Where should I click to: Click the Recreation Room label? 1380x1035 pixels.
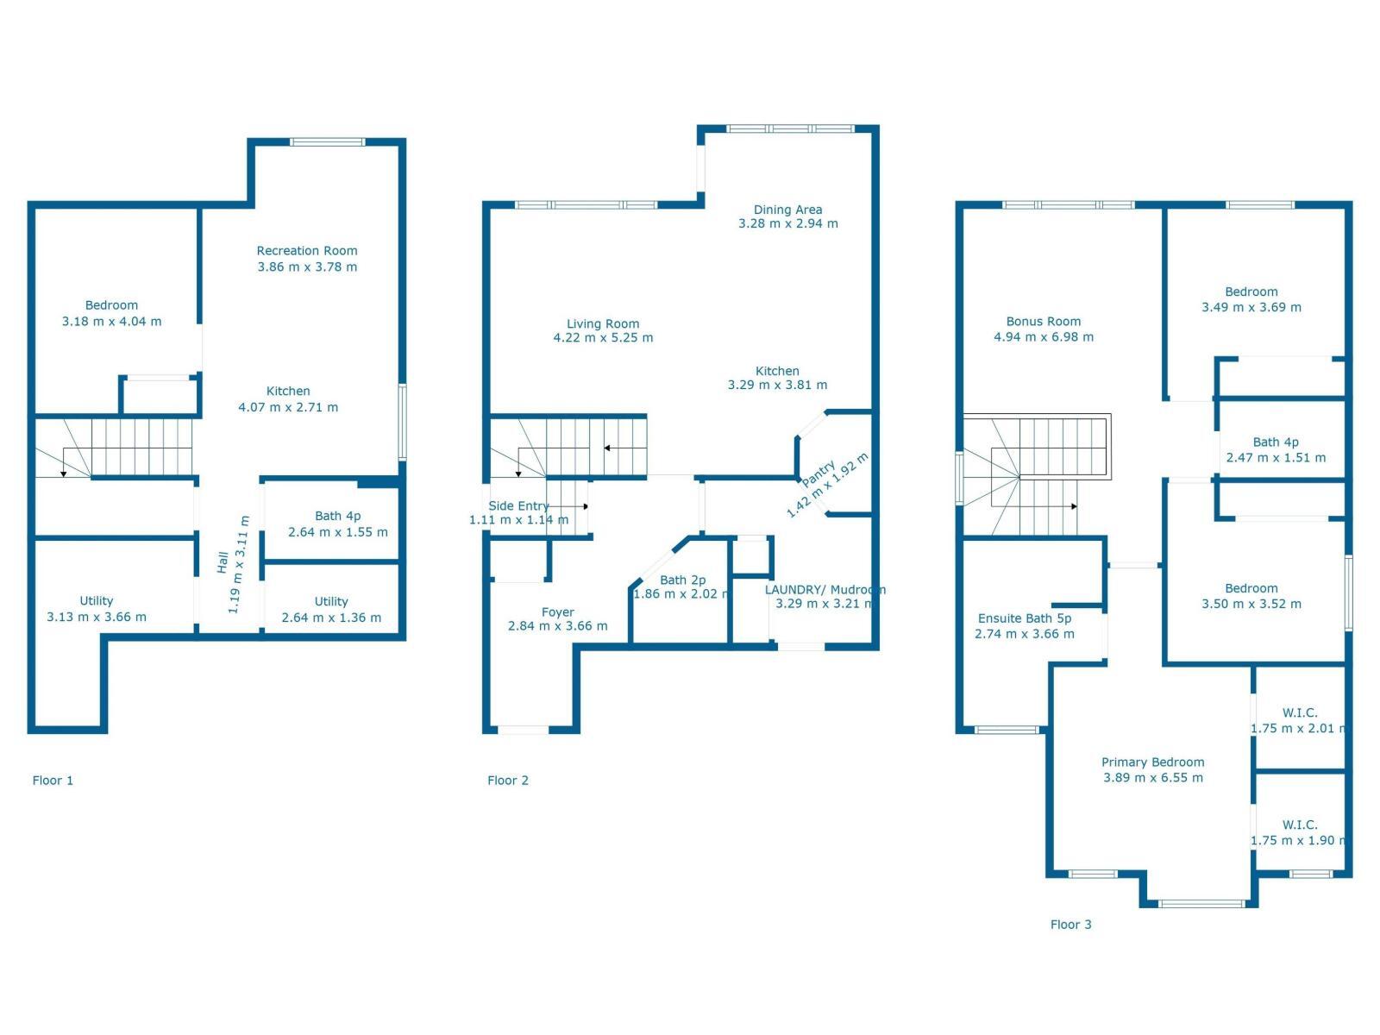tap(307, 251)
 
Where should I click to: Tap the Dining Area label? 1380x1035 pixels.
tap(787, 210)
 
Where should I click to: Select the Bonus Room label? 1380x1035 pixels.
tap(1044, 321)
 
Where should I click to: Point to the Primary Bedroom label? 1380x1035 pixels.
tap(1153, 762)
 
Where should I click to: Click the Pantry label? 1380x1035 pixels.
tap(819, 474)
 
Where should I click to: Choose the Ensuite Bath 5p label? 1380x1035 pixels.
tap(1025, 618)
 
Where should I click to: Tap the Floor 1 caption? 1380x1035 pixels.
tap(53, 781)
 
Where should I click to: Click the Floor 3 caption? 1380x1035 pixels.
tap(1071, 925)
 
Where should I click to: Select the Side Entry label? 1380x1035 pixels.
tap(518, 506)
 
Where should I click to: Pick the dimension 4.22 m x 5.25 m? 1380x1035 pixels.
tap(603, 338)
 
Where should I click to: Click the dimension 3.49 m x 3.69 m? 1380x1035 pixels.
tap(1251, 307)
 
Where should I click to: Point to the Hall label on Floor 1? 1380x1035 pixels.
tap(223, 562)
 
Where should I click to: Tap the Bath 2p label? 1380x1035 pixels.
tap(683, 580)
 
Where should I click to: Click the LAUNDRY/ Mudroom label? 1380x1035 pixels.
tap(825, 589)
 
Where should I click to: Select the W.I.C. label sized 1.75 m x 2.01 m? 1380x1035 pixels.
tap(1300, 712)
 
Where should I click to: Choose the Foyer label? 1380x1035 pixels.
tap(558, 612)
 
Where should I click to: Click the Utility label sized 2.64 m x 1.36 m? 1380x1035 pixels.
tap(331, 601)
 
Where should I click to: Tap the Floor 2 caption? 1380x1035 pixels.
tap(508, 781)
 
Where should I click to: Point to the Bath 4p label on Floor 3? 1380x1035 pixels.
tap(1276, 442)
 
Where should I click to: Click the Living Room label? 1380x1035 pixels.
tap(603, 323)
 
